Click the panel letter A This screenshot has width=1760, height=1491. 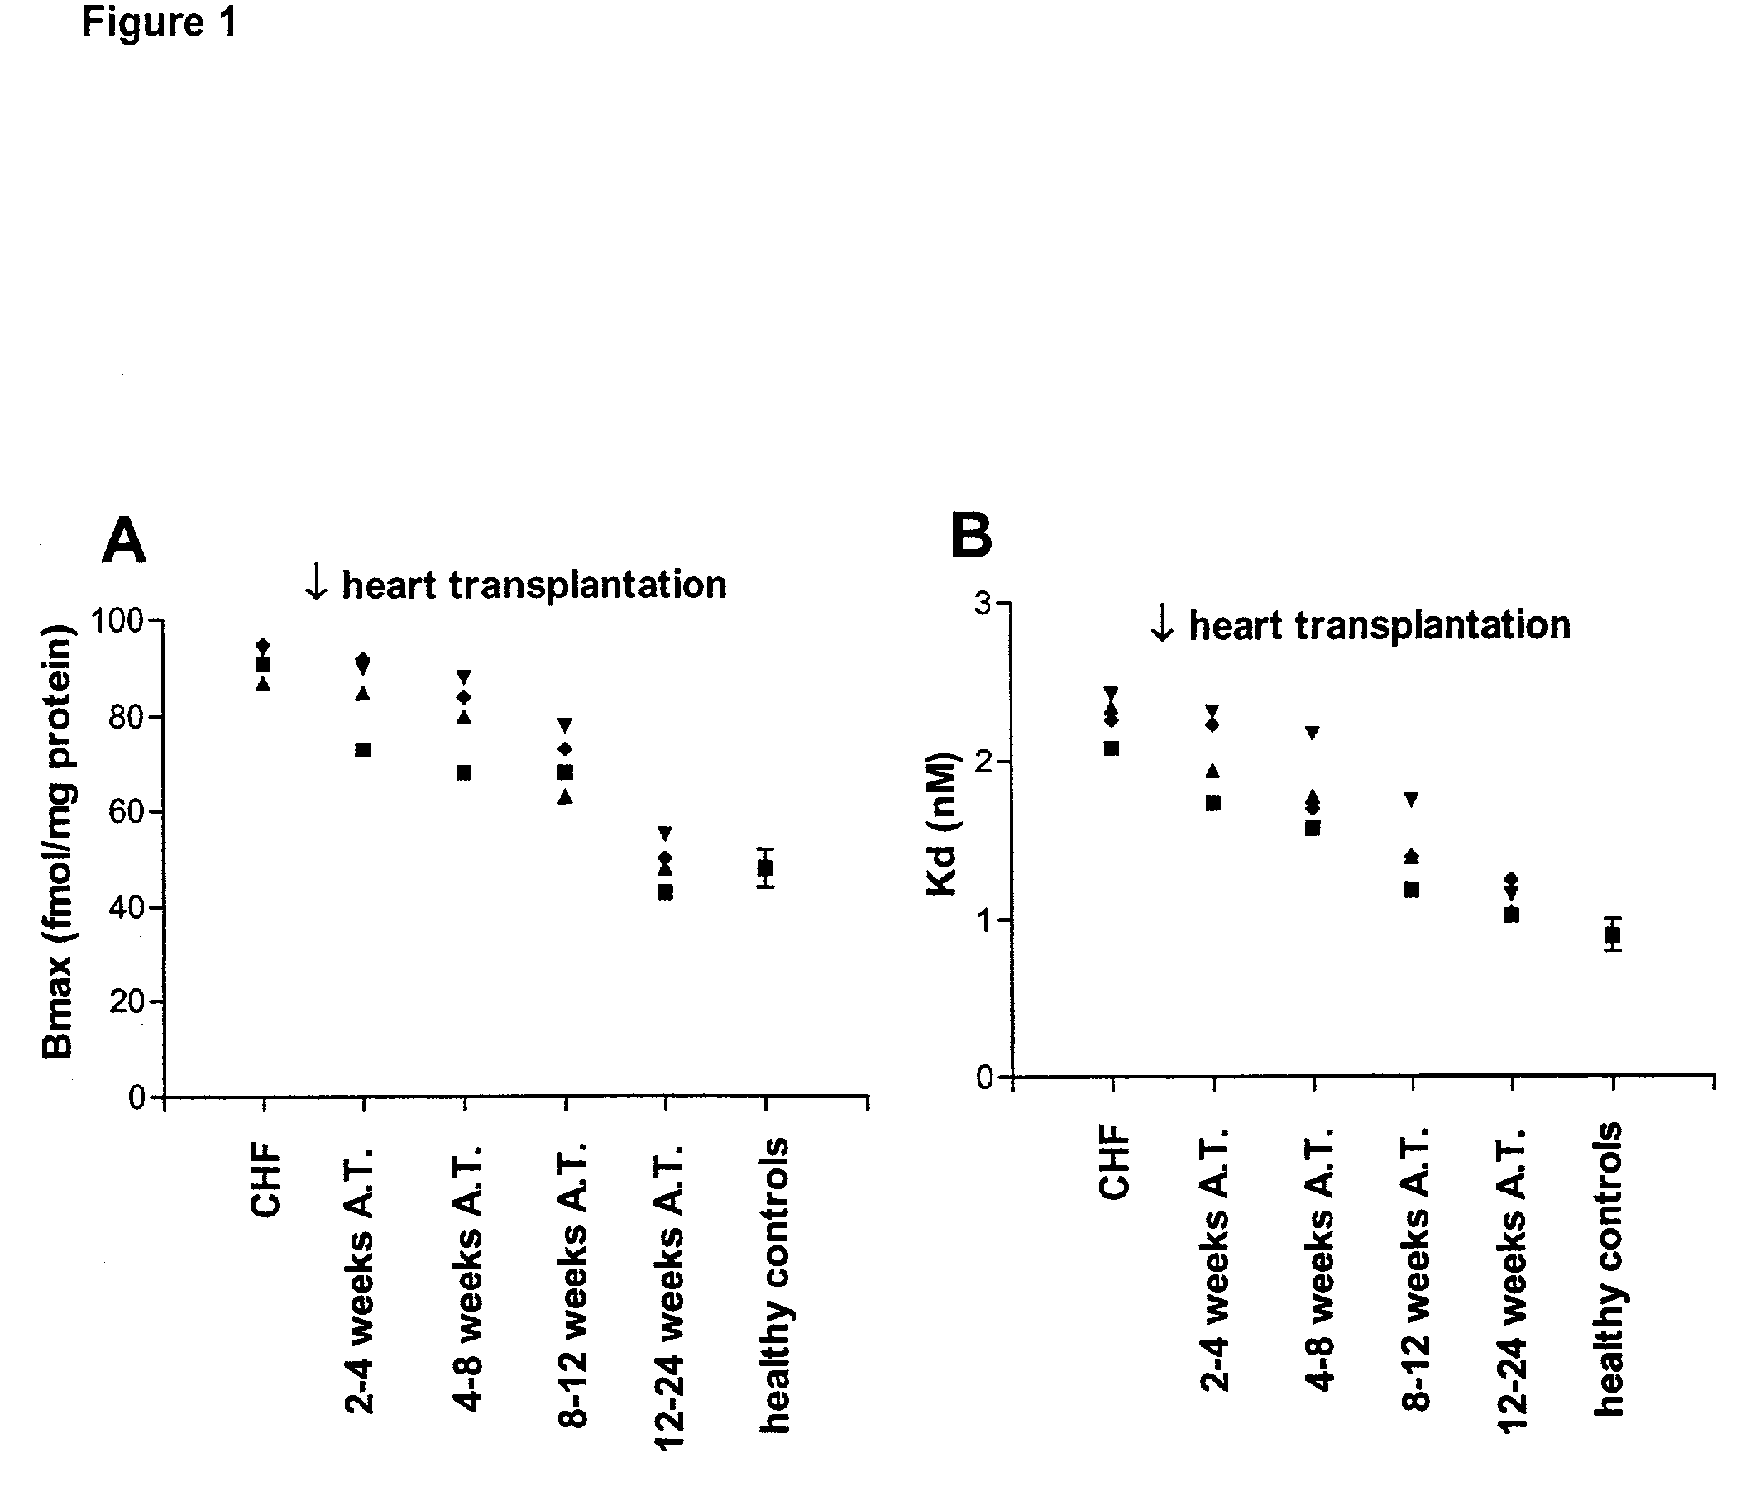(x=123, y=541)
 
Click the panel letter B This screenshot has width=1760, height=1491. (x=971, y=536)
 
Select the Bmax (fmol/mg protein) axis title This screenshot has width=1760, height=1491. (x=59, y=841)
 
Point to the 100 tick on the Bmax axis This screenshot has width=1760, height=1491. (x=117, y=621)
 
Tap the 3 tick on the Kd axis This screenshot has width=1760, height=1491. (x=983, y=604)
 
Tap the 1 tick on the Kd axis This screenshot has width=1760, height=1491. (x=983, y=920)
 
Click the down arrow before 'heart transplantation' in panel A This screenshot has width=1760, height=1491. (x=316, y=583)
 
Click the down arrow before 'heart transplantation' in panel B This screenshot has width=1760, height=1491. (x=1162, y=624)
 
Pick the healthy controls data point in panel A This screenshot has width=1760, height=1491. (x=765, y=868)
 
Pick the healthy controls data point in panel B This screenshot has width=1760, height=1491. (x=1613, y=934)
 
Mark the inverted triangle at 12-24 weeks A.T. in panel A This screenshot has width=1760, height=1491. (x=665, y=834)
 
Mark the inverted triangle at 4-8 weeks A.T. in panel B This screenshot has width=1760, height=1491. (x=1313, y=733)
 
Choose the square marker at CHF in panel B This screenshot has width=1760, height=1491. (x=1112, y=748)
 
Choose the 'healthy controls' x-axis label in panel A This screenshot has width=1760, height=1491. (x=774, y=1285)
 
